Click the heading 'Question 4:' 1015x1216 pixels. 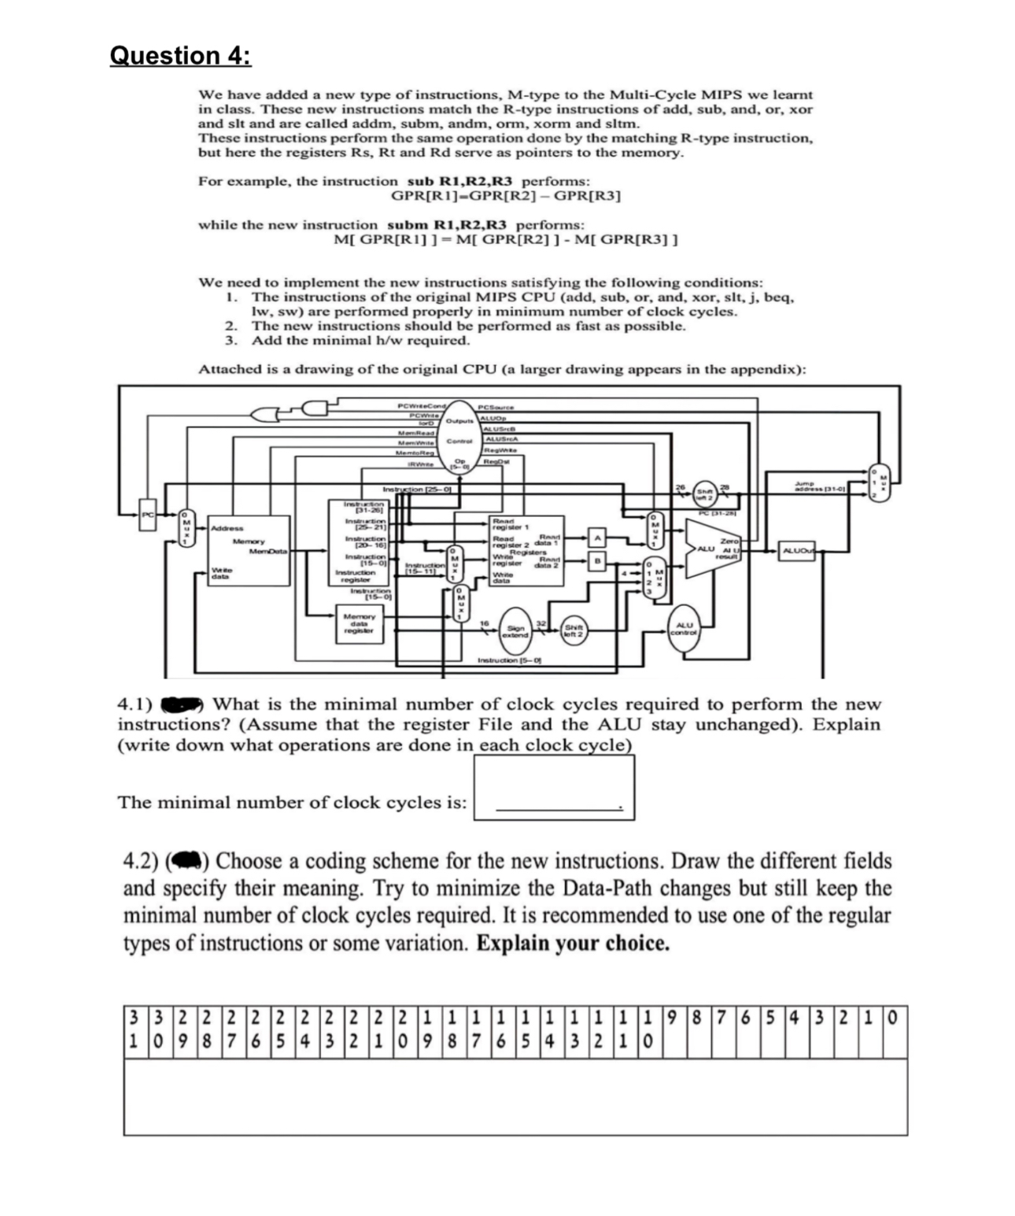click(180, 56)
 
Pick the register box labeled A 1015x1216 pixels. click(597, 538)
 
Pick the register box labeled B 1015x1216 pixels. click(597, 560)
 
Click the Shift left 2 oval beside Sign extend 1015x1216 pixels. click(572, 631)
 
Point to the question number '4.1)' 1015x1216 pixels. click(135, 704)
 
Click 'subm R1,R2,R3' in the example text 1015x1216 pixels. click(446, 225)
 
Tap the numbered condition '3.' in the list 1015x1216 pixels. click(231, 340)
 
